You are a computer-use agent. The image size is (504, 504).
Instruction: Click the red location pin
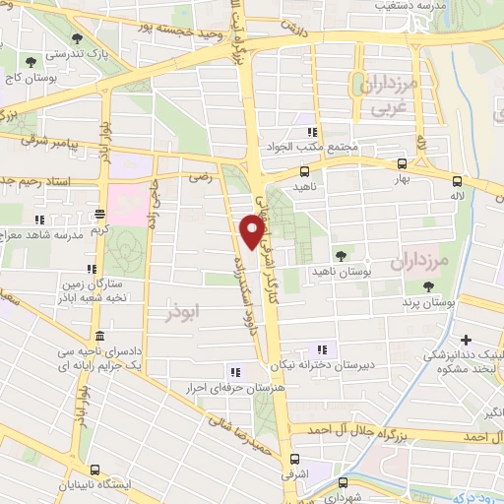click(x=253, y=231)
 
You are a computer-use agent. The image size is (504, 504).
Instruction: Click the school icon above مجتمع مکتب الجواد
click(x=312, y=132)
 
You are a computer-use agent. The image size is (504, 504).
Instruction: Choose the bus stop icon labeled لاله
click(x=457, y=180)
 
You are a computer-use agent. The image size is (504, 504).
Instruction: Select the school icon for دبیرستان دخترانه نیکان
click(x=321, y=349)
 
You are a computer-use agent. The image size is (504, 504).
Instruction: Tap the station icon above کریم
click(x=99, y=214)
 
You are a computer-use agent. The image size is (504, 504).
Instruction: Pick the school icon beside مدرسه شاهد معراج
click(x=40, y=220)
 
